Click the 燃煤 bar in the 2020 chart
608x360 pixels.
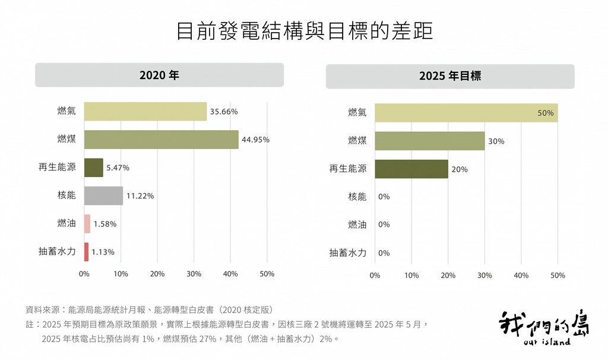coord(161,139)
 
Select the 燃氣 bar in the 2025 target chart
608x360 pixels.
coord(466,113)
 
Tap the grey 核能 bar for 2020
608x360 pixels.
coord(103,195)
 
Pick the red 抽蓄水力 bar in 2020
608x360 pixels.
coord(87,252)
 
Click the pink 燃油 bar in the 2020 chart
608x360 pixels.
coord(87,224)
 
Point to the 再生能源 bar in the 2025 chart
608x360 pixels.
coord(411,169)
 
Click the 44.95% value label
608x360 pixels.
coord(255,140)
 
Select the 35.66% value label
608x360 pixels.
coord(224,112)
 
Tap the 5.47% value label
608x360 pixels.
coord(118,168)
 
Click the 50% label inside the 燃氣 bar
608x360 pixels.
coord(545,113)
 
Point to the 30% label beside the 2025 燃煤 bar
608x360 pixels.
coord(496,141)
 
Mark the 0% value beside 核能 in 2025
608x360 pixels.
coord(384,197)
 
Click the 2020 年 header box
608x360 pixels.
coord(159,75)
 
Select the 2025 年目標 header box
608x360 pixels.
coord(450,76)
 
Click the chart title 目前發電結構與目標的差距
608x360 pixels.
coord(305,31)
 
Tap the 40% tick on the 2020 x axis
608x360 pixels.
coord(230,274)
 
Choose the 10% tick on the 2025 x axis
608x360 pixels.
coord(411,276)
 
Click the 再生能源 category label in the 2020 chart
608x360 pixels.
coord(57,167)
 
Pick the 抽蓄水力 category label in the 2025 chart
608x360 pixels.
coord(348,253)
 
